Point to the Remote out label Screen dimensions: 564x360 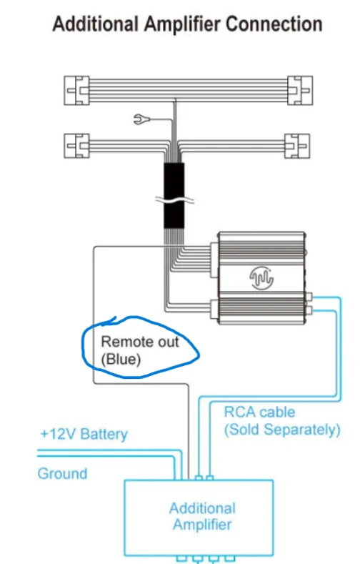coord(139,342)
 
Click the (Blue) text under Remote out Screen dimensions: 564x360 coord(121,360)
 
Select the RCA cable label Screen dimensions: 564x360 coord(259,412)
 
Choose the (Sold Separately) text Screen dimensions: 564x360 coord(281,430)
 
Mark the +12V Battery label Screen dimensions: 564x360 coord(84,434)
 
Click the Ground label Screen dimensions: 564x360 coord(62,473)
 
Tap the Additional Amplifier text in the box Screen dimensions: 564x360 coord(202,516)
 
